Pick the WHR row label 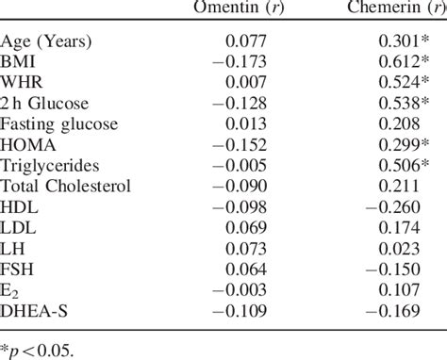(23, 82)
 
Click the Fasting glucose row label (58, 123)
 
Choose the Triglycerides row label (47, 164)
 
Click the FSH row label (20, 268)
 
